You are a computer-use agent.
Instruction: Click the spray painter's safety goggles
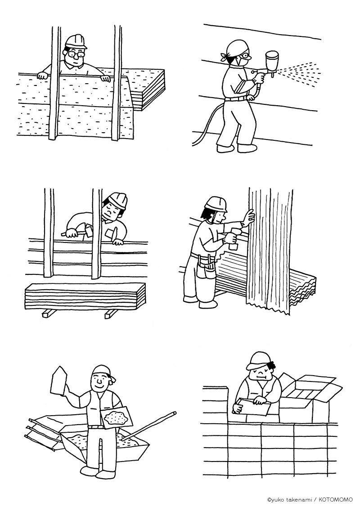tap(244, 55)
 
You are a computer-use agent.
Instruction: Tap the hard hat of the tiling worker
tap(259, 360)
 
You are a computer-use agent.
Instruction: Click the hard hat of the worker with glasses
tap(76, 41)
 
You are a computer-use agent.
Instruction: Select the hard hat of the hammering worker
tap(118, 200)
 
